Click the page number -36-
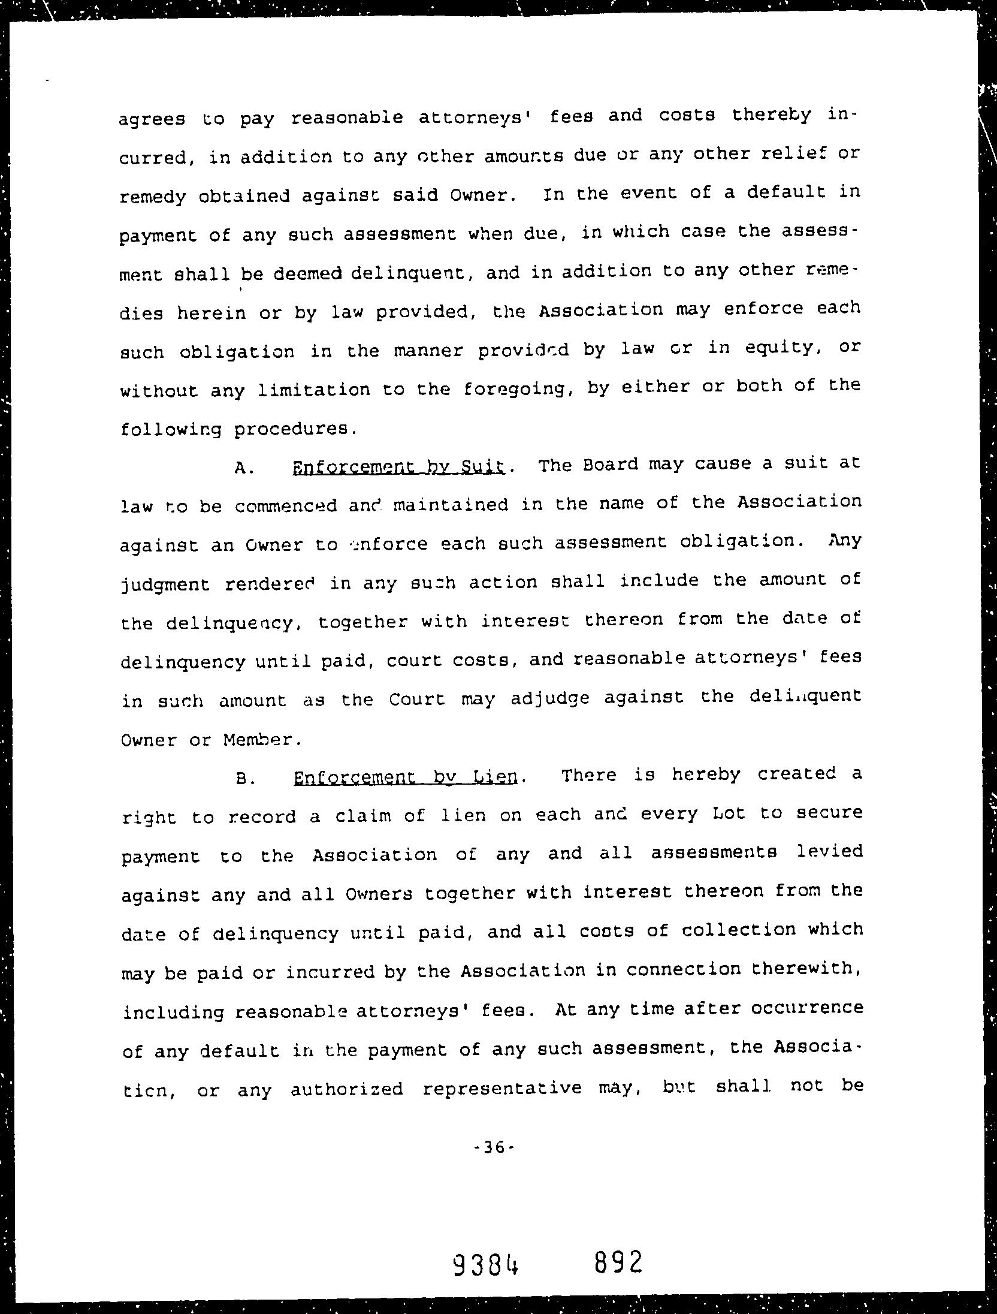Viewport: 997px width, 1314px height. [x=494, y=1147]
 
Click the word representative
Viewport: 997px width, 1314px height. [x=502, y=1088]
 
